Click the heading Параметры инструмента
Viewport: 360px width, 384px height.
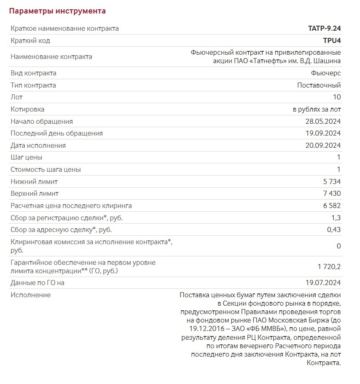click(x=57, y=11)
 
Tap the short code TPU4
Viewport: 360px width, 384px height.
click(x=331, y=41)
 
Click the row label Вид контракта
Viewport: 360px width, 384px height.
click(x=33, y=73)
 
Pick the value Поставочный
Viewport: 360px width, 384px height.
click(x=319, y=85)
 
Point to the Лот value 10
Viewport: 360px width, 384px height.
click(x=336, y=97)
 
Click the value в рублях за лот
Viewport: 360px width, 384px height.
click(x=317, y=109)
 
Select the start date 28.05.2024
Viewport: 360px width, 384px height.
click(x=323, y=122)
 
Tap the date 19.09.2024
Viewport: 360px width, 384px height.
click(x=323, y=133)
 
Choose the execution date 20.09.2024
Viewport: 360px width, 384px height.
click(x=323, y=146)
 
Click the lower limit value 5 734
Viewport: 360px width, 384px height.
click(x=331, y=182)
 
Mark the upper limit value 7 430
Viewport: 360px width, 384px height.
click(x=331, y=194)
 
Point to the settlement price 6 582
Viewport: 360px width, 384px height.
click(x=331, y=206)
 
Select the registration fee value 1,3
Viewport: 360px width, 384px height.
click(x=336, y=218)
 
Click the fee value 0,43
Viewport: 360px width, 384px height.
click(x=334, y=230)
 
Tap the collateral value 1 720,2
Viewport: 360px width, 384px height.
click(x=329, y=267)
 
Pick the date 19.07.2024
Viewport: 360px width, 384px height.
click(x=323, y=283)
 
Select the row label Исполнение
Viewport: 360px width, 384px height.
click(x=30, y=295)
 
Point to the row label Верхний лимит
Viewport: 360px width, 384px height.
click(x=35, y=194)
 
